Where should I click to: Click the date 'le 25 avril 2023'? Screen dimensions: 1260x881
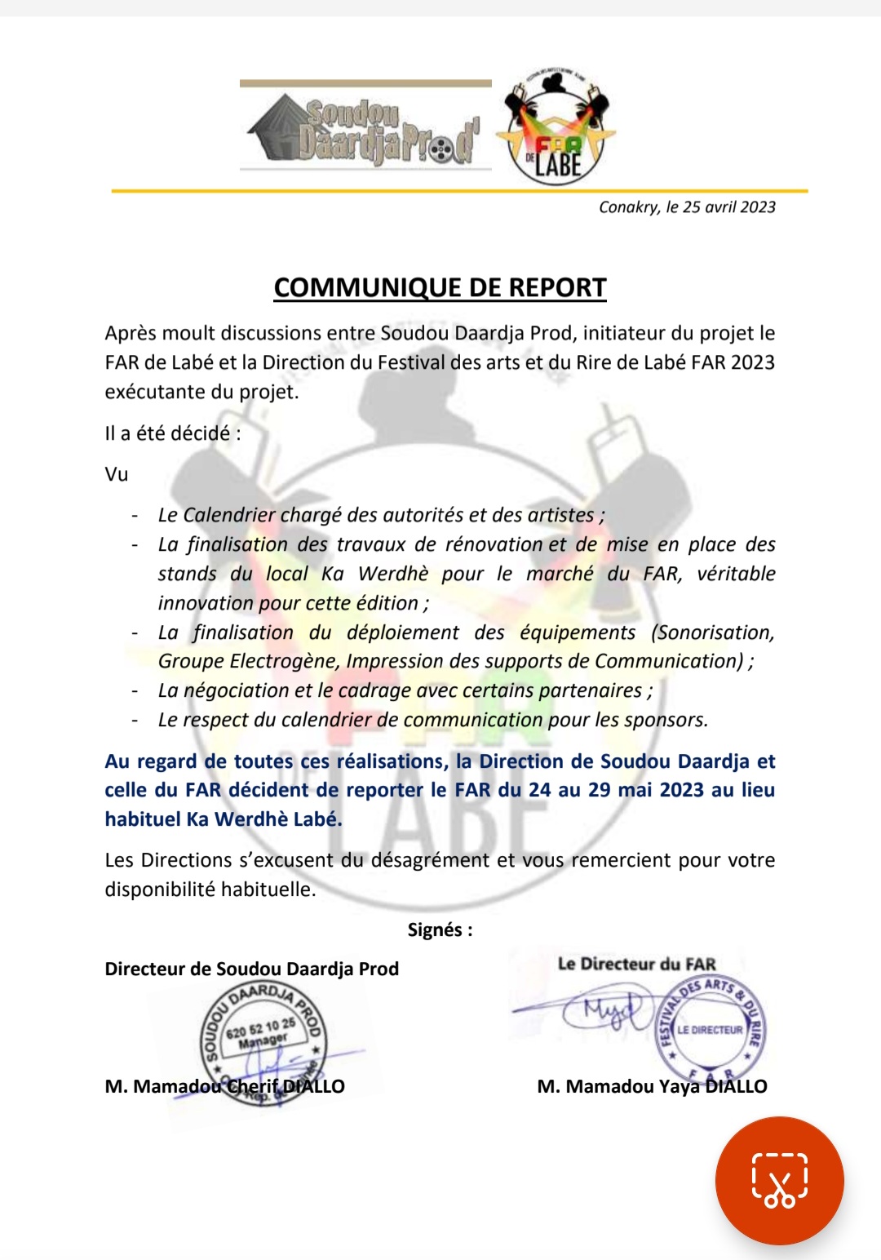point(721,207)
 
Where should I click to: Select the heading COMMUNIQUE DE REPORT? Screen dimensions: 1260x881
point(440,287)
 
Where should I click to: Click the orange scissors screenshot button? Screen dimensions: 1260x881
point(779,1180)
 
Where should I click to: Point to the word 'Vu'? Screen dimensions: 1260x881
point(117,474)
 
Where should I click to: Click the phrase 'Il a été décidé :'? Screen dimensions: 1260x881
point(173,433)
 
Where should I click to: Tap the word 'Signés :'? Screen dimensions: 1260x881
point(440,929)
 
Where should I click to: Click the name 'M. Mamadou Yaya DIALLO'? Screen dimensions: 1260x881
point(652,1086)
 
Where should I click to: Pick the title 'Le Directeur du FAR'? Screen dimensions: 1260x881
point(636,964)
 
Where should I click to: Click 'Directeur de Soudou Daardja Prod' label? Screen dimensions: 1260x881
point(251,969)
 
